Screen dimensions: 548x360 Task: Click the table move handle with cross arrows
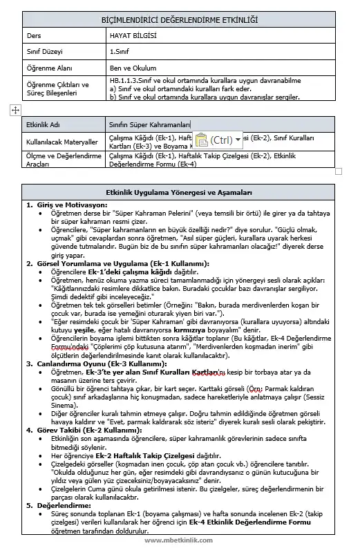coord(15,110)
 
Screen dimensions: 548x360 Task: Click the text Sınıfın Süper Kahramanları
coord(149,124)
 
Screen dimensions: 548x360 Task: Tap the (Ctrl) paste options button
coord(218,140)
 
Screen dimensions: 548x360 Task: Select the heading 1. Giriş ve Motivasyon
coord(66,205)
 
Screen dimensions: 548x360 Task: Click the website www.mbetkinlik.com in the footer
coord(180,540)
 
